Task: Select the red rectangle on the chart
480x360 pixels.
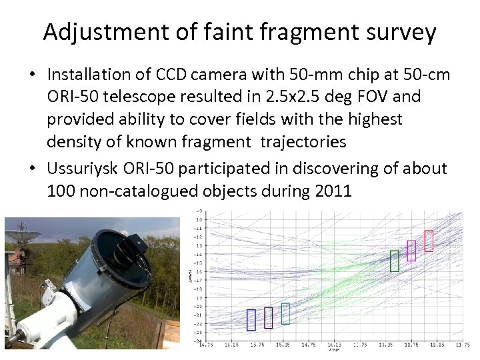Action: pyautogui.click(x=429, y=241)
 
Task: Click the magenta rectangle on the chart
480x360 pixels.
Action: pyautogui.click(x=411, y=250)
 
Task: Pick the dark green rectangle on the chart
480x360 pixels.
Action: pyautogui.click(x=394, y=261)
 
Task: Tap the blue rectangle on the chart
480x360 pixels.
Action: pyautogui.click(x=251, y=319)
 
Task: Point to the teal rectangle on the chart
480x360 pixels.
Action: pyautogui.click(x=285, y=313)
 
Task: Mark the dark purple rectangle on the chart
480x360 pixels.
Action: pyautogui.click(x=268, y=317)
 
